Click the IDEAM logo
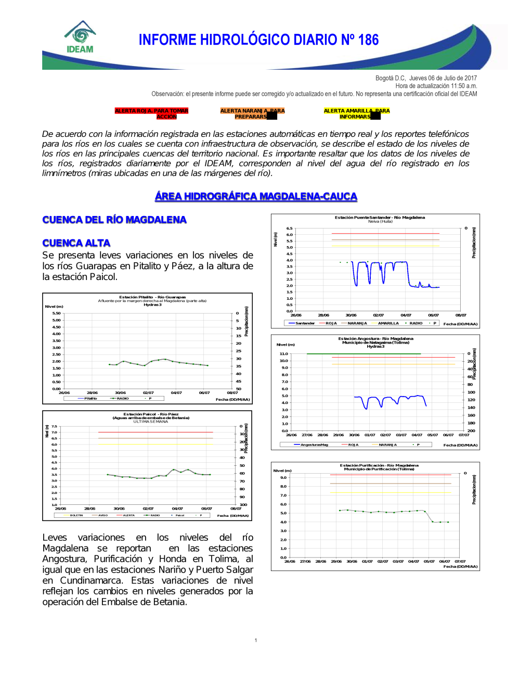[x=80, y=37]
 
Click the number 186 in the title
[x=368, y=40]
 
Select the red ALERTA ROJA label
[x=151, y=113]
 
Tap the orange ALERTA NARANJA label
[x=252, y=113]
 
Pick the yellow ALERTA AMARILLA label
[x=356, y=113]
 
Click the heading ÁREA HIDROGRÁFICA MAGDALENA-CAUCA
[x=256, y=196]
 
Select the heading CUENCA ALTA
[x=76, y=243]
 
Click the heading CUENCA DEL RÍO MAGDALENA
[x=114, y=220]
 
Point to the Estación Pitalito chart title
[x=152, y=297]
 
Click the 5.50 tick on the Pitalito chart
[x=56, y=313]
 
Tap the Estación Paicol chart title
[x=151, y=414]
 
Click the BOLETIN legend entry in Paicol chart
[x=76, y=515]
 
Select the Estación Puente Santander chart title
[x=380, y=218]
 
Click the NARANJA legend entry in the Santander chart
[x=357, y=323]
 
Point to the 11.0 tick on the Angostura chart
[x=284, y=354]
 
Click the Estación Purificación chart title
[x=379, y=465]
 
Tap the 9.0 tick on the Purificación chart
[x=283, y=478]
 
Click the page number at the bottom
[x=256, y=640]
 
